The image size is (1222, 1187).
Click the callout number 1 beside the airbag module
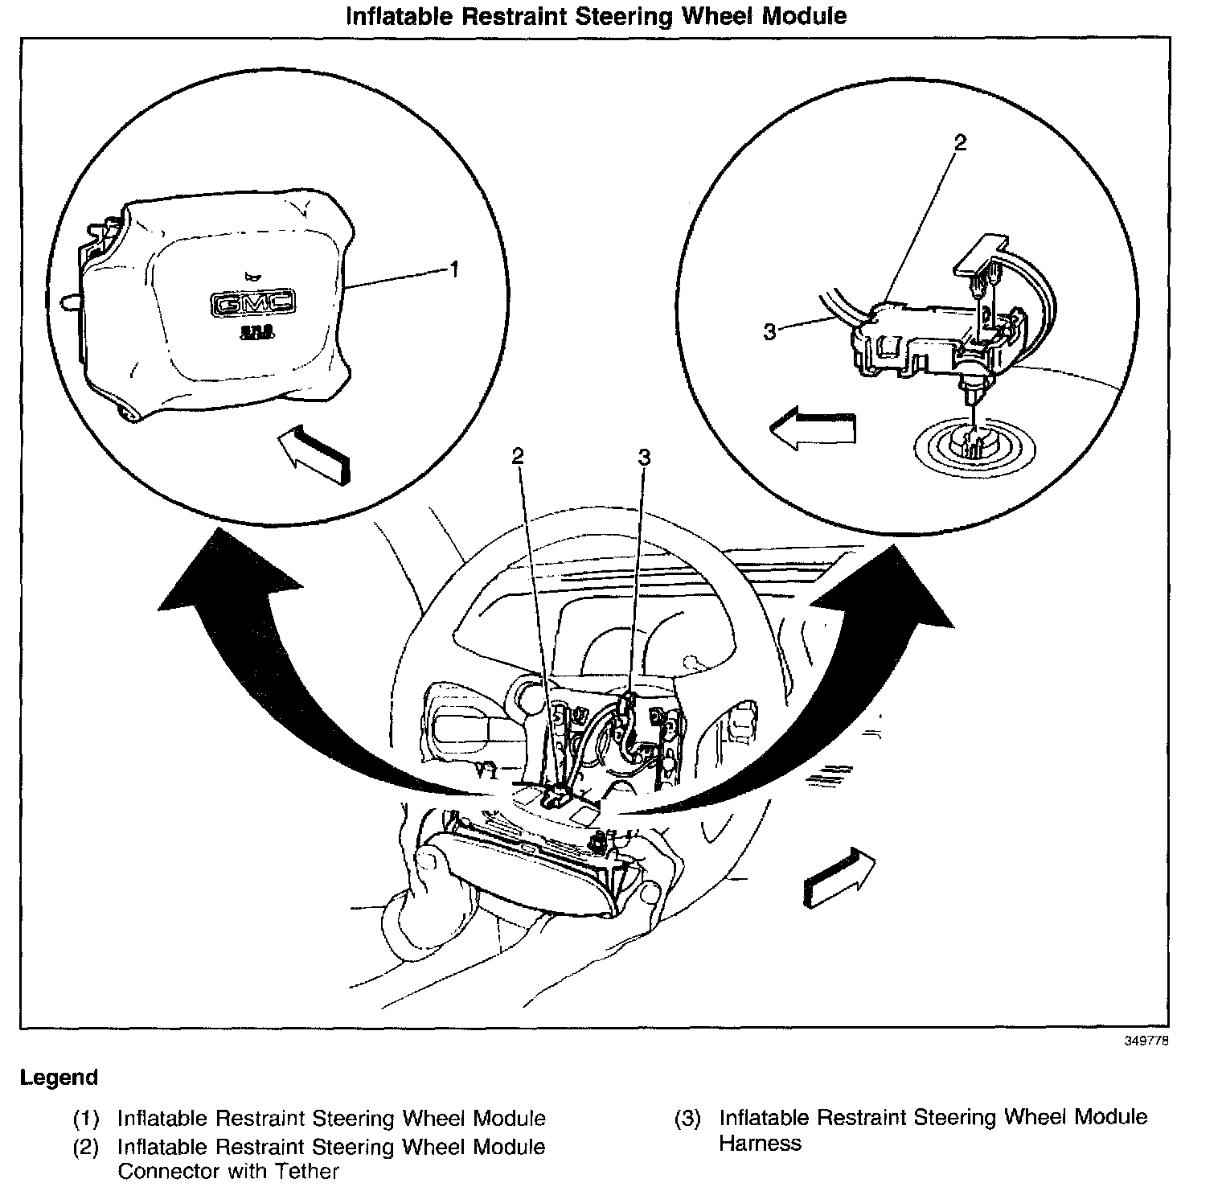[454, 269]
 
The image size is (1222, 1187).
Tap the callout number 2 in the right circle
[959, 142]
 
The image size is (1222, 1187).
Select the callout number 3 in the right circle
[769, 331]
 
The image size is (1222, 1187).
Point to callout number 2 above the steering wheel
[518, 456]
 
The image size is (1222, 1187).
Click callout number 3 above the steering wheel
[644, 457]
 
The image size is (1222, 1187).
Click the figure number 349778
[1146, 1041]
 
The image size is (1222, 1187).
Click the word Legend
[59, 1078]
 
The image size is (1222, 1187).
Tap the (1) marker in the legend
[86, 1119]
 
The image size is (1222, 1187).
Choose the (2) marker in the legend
[86, 1147]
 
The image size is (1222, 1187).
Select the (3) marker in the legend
[688, 1118]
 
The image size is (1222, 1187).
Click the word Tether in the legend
[308, 1171]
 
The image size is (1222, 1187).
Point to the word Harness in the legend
[760, 1144]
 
